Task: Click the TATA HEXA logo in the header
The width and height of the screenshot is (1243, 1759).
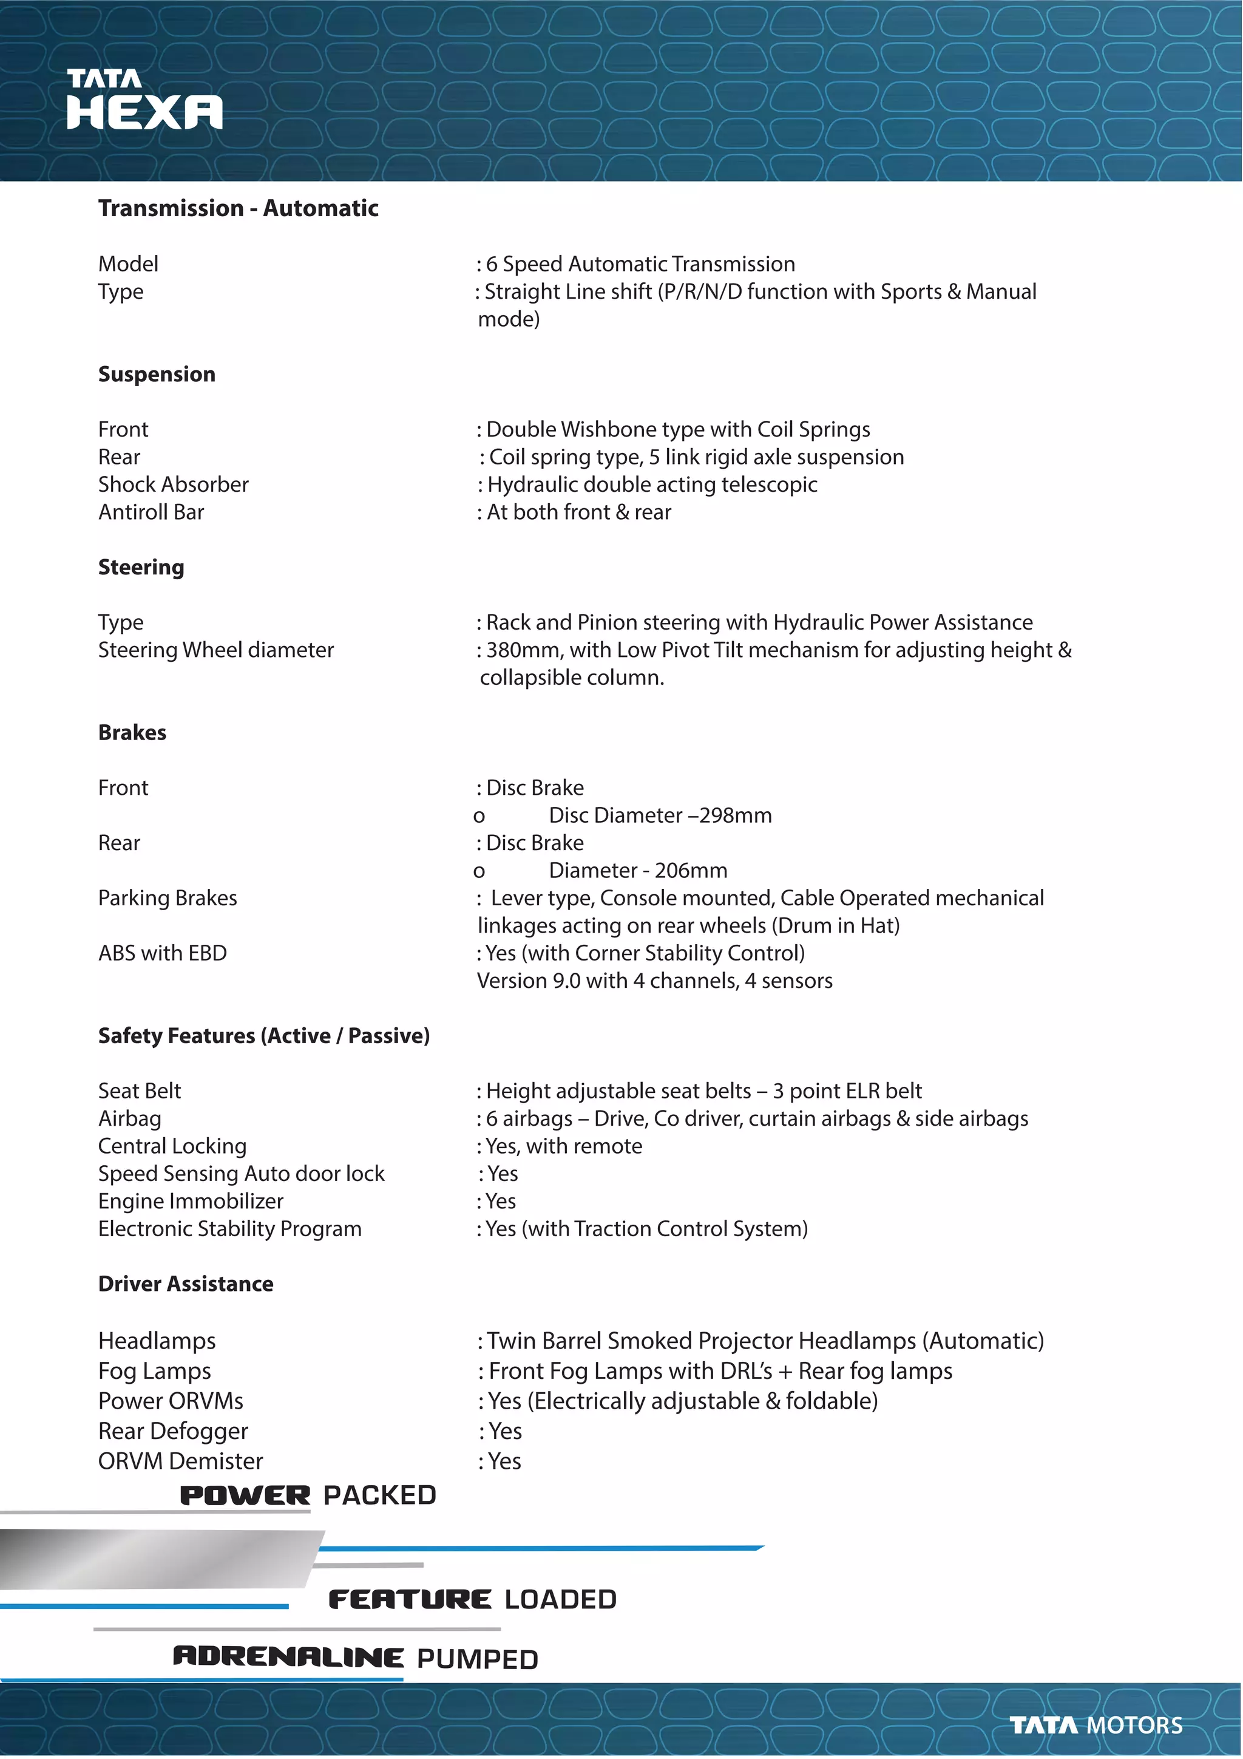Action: (144, 100)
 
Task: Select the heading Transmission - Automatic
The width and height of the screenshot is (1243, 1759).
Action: (238, 208)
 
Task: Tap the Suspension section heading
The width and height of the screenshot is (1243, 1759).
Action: (157, 374)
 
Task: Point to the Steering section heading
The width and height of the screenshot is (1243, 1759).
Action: (141, 567)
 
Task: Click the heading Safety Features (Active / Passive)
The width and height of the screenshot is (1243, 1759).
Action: (263, 1036)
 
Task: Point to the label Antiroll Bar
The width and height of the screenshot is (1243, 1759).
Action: (151, 512)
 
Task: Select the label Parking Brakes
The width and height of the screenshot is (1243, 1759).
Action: (167, 898)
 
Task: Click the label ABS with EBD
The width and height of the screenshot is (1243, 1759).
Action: (163, 953)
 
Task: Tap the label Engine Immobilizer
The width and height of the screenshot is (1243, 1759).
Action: (191, 1201)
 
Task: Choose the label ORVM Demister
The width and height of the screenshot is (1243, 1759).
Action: (180, 1461)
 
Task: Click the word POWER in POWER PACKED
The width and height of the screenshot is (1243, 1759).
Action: (245, 1495)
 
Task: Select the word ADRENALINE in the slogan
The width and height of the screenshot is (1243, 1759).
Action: (288, 1656)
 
